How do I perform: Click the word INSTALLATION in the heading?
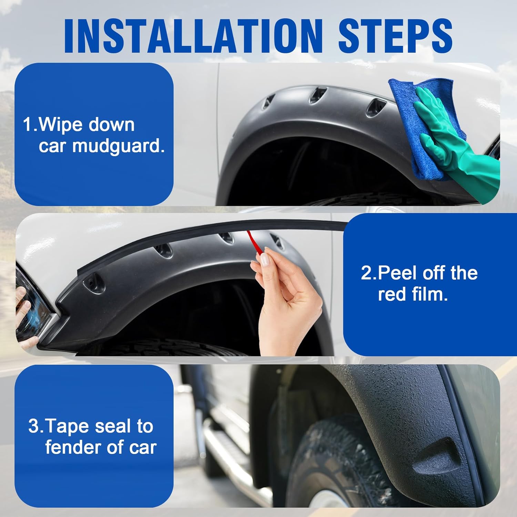(193, 36)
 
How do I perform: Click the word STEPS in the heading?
(395, 36)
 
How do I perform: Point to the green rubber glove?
(458, 145)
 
